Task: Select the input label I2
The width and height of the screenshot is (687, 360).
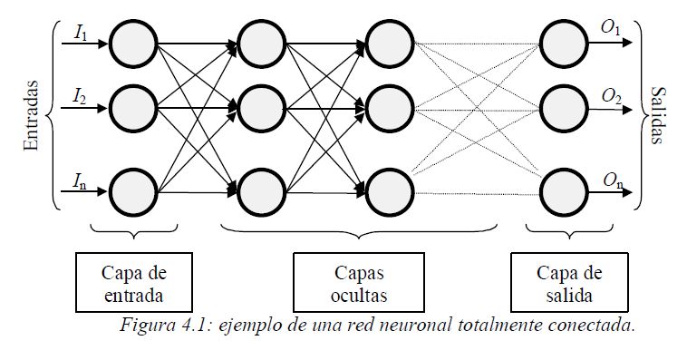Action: coord(80,95)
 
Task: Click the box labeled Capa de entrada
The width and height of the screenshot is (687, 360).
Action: coord(133,283)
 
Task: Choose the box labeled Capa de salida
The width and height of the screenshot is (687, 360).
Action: coord(568,283)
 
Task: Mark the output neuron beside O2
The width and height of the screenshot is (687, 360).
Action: coord(561,108)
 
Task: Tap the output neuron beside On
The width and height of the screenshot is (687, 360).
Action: coord(561,190)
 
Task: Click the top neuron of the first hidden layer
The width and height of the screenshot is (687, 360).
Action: coord(259,42)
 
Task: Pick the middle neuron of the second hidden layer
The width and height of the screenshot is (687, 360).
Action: coord(388,108)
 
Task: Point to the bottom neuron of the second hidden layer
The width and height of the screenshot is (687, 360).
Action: coord(388,190)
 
